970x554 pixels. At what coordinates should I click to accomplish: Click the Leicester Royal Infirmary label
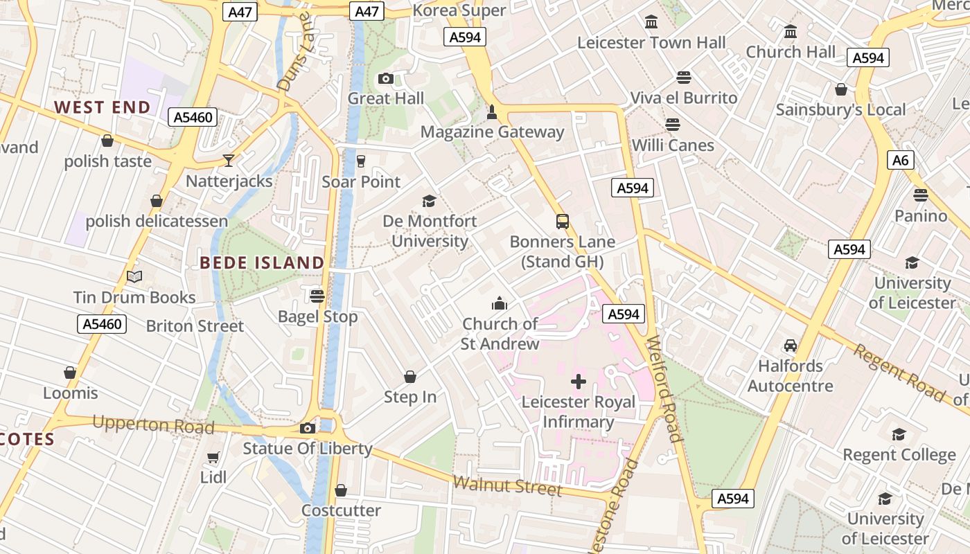(x=578, y=412)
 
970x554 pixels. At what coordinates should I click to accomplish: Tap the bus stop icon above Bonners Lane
(x=563, y=222)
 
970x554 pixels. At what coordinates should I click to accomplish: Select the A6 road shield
(x=900, y=161)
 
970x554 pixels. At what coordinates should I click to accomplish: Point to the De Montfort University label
(x=430, y=231)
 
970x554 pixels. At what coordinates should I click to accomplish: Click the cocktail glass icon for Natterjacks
(x=229, y=161)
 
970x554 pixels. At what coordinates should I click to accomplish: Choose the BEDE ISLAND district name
(x=262, y=263)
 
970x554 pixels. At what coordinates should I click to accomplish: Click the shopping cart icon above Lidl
(x=213, y=458)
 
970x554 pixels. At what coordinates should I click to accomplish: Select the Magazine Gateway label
(x=492, y=132)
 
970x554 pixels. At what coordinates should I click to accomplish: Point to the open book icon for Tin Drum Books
(x=134, y=277)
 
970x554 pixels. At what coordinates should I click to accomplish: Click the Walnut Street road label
(x=507, y=485)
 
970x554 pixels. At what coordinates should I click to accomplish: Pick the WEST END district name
(x=103, y=107)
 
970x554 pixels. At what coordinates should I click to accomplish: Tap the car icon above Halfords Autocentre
(x=790, y=345)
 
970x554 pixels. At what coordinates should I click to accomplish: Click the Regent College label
(x=899, y=455)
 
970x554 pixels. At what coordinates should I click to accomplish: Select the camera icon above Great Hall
(x=386, y=78)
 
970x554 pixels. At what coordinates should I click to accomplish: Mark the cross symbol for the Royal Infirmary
(x=579, y=382)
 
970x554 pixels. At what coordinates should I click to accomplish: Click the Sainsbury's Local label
(x=840, y=110)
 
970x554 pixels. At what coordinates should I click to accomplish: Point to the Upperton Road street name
(x=152, y=425)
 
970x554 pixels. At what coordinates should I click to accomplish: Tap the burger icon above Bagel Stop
(x=317, y=296)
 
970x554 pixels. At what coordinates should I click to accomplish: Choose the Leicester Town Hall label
(x=651, y=43)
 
